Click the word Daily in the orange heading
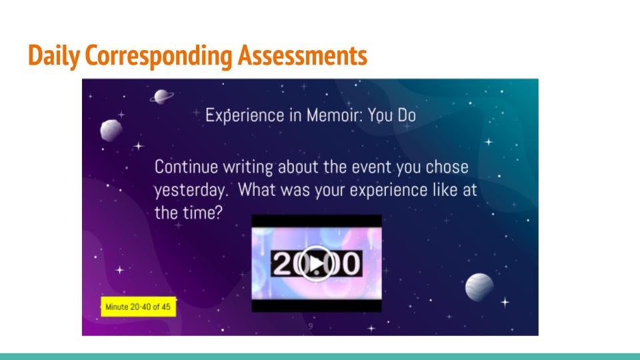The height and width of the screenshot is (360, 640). click(x=54, y=55)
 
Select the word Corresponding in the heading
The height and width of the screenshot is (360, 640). click(x=159, y=56)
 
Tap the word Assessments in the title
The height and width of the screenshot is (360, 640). click(x=303, y=55)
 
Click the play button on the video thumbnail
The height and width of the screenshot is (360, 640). click(x=316, y=264)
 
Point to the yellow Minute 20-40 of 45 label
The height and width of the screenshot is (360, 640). click(x=139, y=307)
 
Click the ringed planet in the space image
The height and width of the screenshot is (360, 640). click(x=162, y=97)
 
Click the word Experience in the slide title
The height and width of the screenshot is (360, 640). click(x=245, y=115)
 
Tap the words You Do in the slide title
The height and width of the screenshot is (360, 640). click(x=392, y=115)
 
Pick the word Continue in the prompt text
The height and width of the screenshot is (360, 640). click(x=186, y=167)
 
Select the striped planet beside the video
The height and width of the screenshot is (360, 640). click(x=479, y=287)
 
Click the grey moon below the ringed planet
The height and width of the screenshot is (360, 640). click(x=111, y=130)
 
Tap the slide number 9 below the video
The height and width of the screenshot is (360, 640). click(x=311, y=326)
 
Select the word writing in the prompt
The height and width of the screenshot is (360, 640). click(x=248, y=167)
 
